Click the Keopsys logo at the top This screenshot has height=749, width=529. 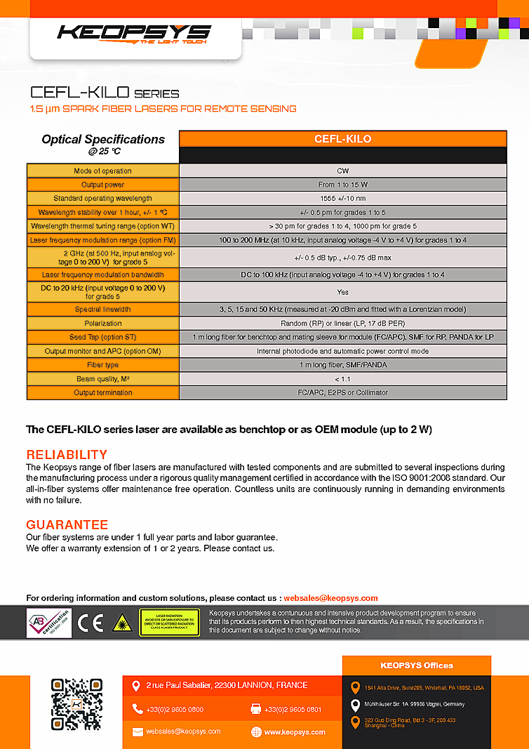pyautogui.click(x=133, y=33)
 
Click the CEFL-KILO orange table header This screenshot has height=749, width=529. pyautogui.click(x=342, y=139)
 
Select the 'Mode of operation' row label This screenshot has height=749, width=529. pyautogui.click(x=102, y=171)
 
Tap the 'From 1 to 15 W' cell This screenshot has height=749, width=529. pyautogui.click(x=342, y=185)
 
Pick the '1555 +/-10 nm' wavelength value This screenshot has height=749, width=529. pyautogui.click(x=342, y=199)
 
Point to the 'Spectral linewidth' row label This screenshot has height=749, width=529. pyautogui.click(x=102, y=310)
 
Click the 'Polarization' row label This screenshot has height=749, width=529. pyautogui.click(x=102, y=324)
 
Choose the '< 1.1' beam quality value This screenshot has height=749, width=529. pyautogui.click(x=342, y=379)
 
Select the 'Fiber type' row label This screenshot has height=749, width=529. pyautogui.click(x=102, y=365)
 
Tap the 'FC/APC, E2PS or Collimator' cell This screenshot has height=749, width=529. pyautogui.click(x=342, y=392)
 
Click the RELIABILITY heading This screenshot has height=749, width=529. pyautogui.click(x=67, y=454)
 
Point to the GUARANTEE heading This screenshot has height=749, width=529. pyautogui.click(x=67, y=525)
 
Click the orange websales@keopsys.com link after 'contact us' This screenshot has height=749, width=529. pyautogui.click(x=330, y=598)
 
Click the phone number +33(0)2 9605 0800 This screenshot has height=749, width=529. pyautogui.click(x=175, y=710)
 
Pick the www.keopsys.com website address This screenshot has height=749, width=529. pyautogui.click(x=295, y=732)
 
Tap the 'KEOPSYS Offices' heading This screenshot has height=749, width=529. pyautogui.click(x=417, y=665)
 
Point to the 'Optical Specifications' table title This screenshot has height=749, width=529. pyautogui.click(x=102, y=139)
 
